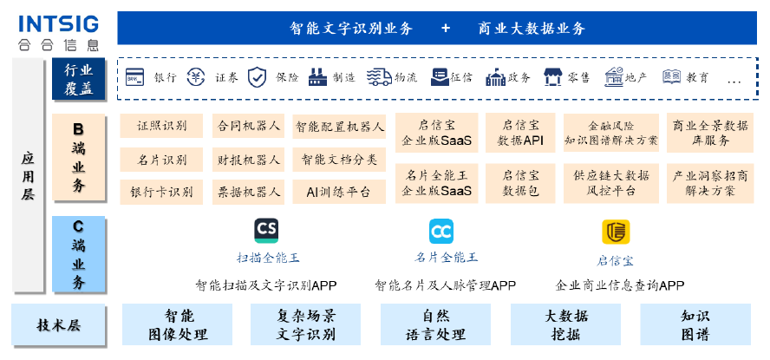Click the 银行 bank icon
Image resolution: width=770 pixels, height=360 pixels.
[136, 77]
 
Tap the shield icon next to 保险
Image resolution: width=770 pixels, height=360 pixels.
[257, 77]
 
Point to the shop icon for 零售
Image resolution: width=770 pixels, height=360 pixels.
[553, 77]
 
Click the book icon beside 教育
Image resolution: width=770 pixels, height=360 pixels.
[671, 77]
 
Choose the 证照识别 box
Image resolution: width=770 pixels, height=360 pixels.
[161, 126]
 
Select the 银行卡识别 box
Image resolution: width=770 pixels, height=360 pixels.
[161, 191]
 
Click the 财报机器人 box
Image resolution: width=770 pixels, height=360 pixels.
[248, 159]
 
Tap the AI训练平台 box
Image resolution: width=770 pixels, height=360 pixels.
[338, 191]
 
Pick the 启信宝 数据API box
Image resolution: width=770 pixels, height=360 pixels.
[521, 133]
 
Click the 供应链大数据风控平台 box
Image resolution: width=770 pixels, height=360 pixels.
[610, 182]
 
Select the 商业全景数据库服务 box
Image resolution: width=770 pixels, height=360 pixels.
[703, 133]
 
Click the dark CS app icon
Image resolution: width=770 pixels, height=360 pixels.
[266, 231]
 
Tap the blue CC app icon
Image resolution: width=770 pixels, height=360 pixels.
[441, 232]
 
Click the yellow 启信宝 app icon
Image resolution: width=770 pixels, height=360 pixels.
[615, 232]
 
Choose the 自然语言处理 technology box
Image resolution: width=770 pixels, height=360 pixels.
[435, 324]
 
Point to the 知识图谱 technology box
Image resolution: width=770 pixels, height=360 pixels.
[695, 324]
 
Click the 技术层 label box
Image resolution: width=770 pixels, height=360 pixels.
[58, 325]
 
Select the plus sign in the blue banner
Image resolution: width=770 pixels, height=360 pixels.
[446, 29]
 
